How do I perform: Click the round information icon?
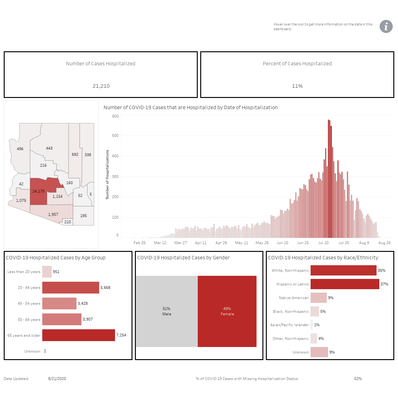point(386,26)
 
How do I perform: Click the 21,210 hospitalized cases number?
point(101,86)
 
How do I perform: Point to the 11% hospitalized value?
point(297,86)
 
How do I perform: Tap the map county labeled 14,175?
point(39,191)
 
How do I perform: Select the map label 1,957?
point(53,214)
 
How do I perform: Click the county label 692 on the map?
point(75,155)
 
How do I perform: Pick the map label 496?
point(20,149)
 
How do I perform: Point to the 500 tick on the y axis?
point(115,136)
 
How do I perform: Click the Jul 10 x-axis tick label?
point(323,243)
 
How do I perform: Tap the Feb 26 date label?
point(139,243)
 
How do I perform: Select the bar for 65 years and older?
point(78,335)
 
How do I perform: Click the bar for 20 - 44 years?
point(71,288)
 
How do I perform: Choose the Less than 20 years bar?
point(47,271)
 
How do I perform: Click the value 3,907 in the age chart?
point(88,319)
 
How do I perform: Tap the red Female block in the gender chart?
point(227,311)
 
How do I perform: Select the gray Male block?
point(167,311)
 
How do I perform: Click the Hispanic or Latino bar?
point(345,284)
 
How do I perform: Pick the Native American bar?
point(318,298)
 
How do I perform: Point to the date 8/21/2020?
point(57,379)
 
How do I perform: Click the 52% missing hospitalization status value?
point(358,379)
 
